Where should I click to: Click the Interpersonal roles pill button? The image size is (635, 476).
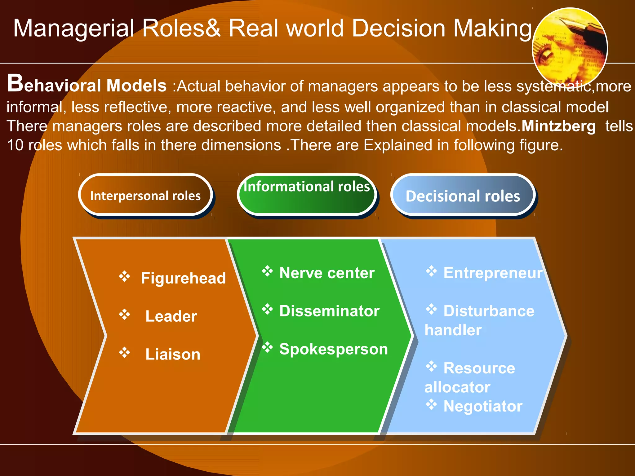point(145,195)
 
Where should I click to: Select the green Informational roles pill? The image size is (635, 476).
point(307,195)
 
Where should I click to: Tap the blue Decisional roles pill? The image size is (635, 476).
point(463,196)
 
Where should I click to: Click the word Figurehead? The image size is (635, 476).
point(183,278)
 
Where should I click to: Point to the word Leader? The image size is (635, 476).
point(171,316)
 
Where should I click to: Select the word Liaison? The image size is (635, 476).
point(173,354)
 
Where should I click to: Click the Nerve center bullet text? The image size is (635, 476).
point(327,273)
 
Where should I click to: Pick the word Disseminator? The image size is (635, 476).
point(329,311)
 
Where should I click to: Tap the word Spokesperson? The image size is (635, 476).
point(334,349)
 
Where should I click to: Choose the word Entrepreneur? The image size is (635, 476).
point(493,273)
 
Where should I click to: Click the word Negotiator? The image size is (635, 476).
point(483,406)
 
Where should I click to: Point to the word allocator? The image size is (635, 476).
point(457,387)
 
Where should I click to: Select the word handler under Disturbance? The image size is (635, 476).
point(453,330)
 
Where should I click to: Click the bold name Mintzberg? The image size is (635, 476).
point(558,126)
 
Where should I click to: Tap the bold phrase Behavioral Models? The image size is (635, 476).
point(87,85)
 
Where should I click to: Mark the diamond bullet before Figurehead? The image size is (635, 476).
point(124,276)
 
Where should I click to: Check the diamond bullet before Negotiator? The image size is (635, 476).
point(431,404)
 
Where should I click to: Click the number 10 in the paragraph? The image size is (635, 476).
point(15,145)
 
